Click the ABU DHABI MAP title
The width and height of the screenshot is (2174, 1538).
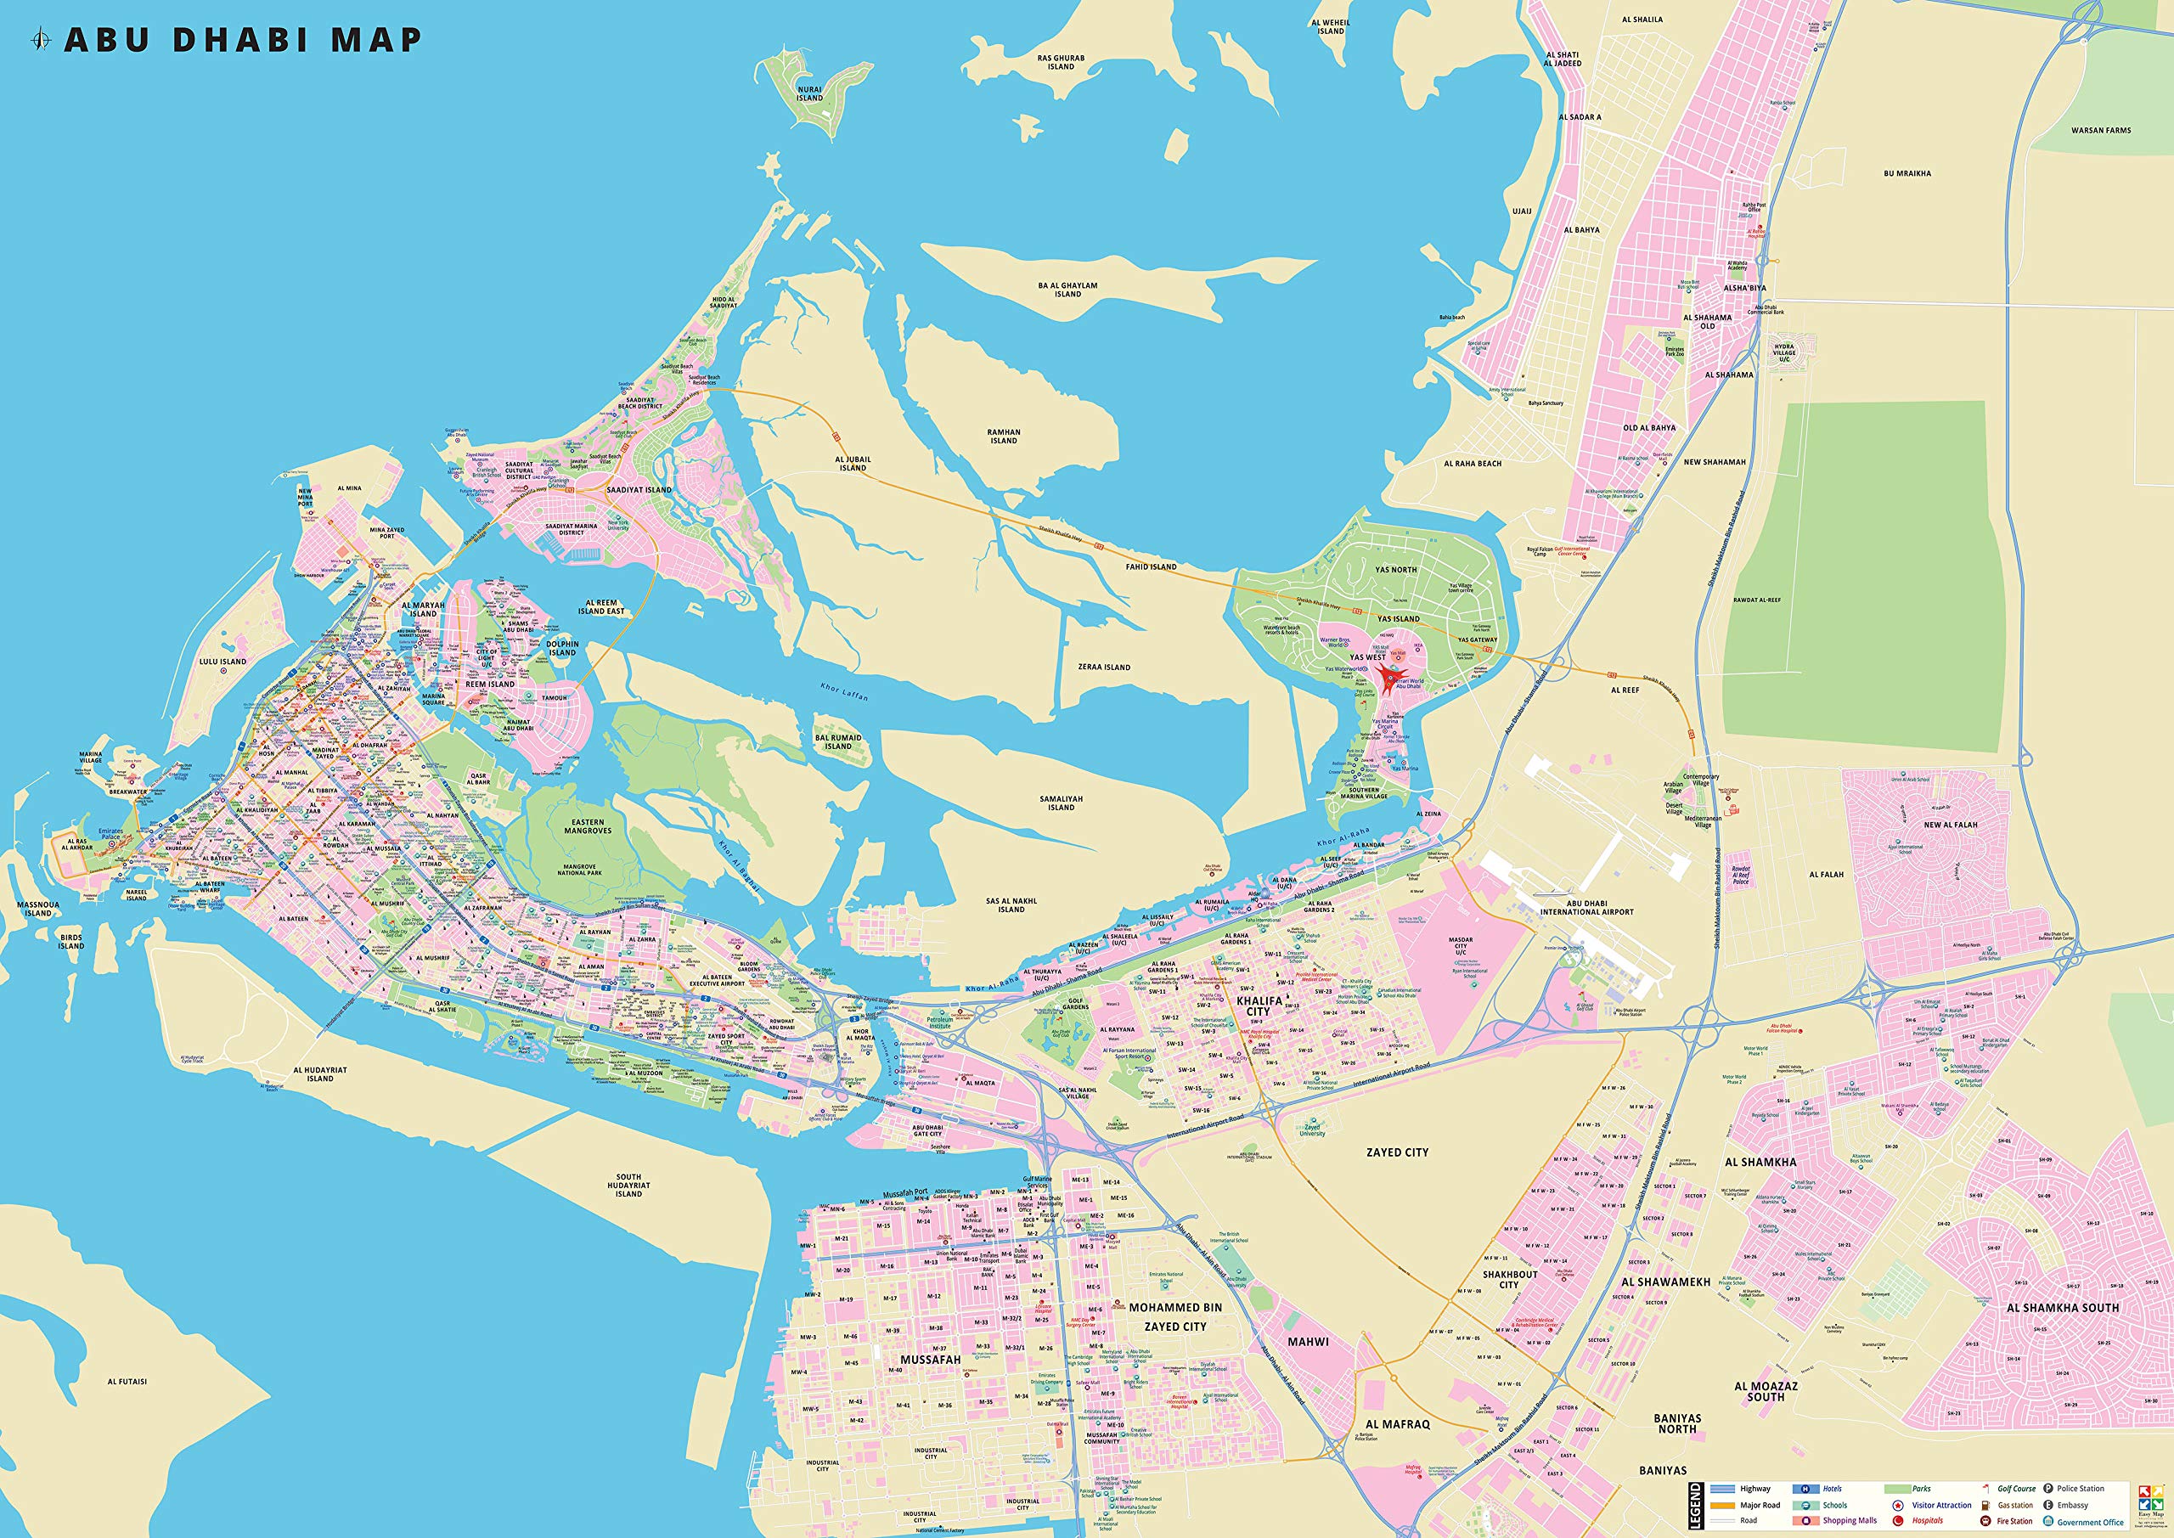[242, 40]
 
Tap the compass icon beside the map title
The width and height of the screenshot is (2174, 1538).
[41, 40]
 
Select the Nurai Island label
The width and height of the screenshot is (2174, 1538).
[808, 93]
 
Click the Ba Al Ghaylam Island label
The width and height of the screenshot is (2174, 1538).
[1067, 289]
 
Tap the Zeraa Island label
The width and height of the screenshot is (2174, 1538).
[1104, 667]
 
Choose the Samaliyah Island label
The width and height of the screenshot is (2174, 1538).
[1061, 803]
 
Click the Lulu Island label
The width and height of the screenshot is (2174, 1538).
[222, 662]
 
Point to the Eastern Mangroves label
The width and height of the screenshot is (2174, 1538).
[587, 825]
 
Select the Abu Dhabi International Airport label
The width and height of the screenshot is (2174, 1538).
[1586, 907]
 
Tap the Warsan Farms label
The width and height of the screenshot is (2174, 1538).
[2100, 131]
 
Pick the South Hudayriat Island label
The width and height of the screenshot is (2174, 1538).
[628, 1185]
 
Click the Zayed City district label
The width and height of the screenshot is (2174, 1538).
[1397, 1152]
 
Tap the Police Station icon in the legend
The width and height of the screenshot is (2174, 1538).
[2048, 1489]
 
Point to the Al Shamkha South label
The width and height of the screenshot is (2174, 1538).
[2062, 1308]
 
